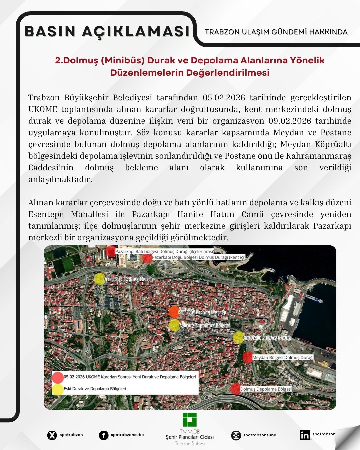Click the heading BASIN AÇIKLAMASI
pos(107,32)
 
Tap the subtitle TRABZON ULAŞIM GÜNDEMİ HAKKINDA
pos(276,32)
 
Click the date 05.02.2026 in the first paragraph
pos(224,98)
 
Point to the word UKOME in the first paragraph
pos(43,109)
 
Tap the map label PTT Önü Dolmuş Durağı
pos(202,312)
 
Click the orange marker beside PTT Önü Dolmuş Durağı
pos(174,312)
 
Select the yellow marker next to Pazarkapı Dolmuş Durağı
pos(99,279)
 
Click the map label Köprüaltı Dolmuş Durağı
pos(267,338)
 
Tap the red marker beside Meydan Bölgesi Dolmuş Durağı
pos(247,357)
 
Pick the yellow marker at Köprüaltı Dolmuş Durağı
pos(238,337)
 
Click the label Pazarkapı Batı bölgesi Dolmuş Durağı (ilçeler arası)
pos(165,251)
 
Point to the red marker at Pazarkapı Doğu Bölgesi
pos(147,257)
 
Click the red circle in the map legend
pos(58,377)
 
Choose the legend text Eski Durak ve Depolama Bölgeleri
pos(95,389)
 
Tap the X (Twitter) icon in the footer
pos(52,435)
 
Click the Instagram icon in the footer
pos(236,435)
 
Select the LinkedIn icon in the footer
pos(305,435)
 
